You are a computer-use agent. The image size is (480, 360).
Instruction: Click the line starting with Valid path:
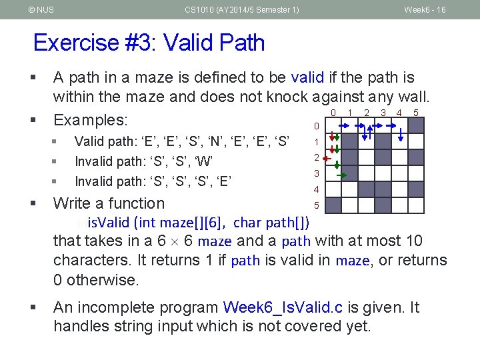[x=181, y=141]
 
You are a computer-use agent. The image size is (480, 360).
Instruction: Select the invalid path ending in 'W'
[x=143, y=161]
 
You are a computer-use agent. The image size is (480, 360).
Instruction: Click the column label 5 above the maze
[x=416, y=113]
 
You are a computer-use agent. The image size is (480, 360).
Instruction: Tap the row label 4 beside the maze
[x=316, y=189]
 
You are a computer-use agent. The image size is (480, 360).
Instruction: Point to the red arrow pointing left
[x=326, y=159]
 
